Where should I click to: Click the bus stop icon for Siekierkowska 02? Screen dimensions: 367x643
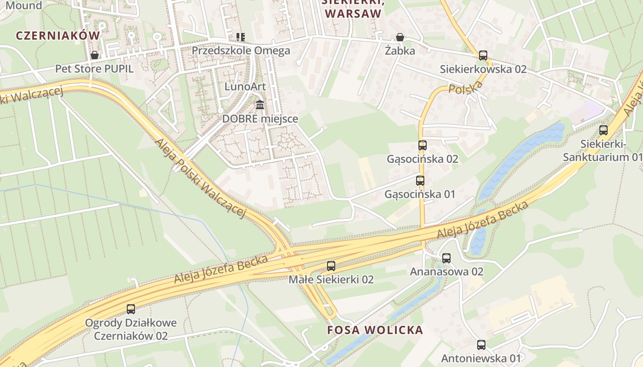[483, 56]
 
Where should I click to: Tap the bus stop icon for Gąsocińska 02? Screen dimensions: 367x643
[422, 145]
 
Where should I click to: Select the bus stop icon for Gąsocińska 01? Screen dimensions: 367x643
[420, 181]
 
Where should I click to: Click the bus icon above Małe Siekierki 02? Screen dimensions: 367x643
[331, 266]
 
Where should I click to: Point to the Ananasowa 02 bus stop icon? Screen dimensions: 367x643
[446, 258]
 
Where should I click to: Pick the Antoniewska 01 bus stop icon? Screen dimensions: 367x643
[481, 345]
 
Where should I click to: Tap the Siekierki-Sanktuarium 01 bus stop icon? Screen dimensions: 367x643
[603, 130]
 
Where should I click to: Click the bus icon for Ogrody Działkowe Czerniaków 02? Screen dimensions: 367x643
[131, 309]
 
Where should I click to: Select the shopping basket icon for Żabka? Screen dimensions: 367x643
[400, 37]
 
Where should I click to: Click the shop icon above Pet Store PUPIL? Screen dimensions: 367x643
[95, 55]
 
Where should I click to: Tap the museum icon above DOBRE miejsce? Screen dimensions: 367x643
[260, 105]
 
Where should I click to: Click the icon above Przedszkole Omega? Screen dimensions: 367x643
[240, 37]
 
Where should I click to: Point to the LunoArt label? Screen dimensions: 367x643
[245, 86]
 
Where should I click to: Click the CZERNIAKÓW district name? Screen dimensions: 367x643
[58, 35]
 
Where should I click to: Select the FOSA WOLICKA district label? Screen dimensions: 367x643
[375, 330]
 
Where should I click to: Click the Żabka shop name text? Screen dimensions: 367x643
[400, 51]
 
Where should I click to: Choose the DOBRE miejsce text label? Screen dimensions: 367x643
[260, 119]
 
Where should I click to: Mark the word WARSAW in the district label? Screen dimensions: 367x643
[353, 13]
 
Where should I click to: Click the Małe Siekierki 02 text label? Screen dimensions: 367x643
[331, 279]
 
